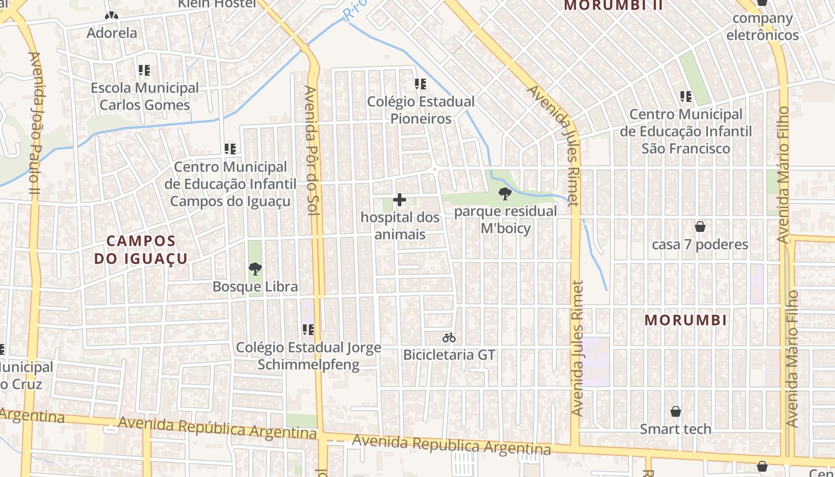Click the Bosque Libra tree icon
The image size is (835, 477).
point(255,269)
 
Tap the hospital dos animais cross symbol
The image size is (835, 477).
point(400,200)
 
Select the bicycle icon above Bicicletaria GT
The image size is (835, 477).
point(449,338)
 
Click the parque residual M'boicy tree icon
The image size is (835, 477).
point(505,193)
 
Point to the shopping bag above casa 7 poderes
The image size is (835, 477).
point(700,227)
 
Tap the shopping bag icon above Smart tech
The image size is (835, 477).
point(676,411)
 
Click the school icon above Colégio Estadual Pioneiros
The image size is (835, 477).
point(420,84)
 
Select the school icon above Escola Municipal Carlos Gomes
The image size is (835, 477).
point(144,70)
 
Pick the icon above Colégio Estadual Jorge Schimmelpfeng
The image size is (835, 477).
point(308,330)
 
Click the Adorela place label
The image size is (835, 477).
point(112,33)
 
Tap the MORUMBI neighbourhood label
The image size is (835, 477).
point(686,320)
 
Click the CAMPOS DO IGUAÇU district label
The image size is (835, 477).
point(141,250)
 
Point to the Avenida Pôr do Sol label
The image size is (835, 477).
point(310,150)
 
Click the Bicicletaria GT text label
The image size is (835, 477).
point(449,355)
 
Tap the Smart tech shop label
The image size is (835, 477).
point(676,429)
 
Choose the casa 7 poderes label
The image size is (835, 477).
point(700,244)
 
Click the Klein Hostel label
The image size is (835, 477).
point(217,4)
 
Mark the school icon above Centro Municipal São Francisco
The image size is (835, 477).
point(686,96)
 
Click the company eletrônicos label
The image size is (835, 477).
point(762,26)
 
